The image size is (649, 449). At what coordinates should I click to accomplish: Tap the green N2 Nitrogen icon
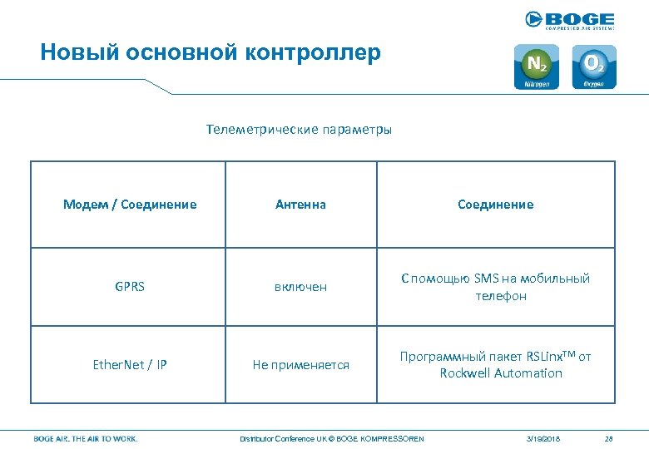tap(537, 67)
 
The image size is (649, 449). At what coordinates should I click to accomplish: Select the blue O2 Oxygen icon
tap(594, 67)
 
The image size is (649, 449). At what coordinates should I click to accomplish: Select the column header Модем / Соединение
tap(130, 205)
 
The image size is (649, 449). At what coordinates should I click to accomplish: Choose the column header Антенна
tap(301, 205)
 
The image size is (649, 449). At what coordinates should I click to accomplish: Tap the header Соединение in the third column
tap(495, 205)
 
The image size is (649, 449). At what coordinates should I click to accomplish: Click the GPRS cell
tap(130, 287)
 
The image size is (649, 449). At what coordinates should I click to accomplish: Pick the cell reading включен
tap(301, 287)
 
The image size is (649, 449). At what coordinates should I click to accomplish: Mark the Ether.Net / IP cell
tap(130, 365)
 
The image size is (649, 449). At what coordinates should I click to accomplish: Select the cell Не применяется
tap(301, 365)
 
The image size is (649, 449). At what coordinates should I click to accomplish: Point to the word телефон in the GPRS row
tap(501, 296)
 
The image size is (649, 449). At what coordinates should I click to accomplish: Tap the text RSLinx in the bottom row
tap(546, 357)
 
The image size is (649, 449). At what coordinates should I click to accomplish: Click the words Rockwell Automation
tap(501, 373)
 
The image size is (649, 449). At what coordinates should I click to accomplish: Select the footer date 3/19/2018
tap(543, 438)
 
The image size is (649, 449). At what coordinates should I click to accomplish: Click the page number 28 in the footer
tap(608, 438)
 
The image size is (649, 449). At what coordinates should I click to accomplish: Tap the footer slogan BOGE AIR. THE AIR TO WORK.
tap(86, 438)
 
